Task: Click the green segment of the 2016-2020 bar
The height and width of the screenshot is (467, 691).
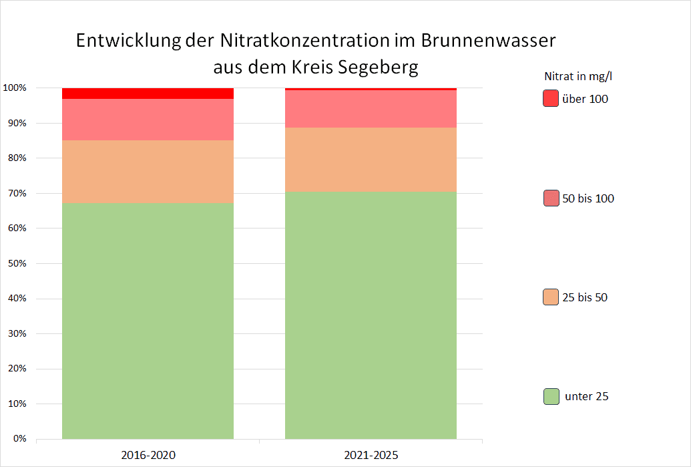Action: click(148, 321)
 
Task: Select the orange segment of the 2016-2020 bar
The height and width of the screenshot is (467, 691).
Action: click(148, 172)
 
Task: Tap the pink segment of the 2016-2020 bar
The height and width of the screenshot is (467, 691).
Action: click(148, 120)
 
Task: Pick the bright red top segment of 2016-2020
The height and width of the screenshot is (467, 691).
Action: click(148, 93)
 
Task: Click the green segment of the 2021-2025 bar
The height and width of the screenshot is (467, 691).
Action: click(371, 315)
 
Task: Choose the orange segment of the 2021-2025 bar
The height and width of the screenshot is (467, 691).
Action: click(371, 160)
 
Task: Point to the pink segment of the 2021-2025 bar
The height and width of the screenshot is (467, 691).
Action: click(371, 108)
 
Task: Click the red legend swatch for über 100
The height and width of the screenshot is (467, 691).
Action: click(551, 99)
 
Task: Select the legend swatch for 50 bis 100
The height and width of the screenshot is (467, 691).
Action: click(551, 198)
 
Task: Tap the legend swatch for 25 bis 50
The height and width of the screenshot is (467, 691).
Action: click(551, 297)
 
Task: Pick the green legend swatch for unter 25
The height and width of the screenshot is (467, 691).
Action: click(551, 396)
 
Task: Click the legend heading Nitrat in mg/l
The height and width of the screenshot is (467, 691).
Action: click(578, 76)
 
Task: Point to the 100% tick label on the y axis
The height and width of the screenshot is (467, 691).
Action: click(15, 88)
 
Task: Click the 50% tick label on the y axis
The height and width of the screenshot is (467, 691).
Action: click(17, 263)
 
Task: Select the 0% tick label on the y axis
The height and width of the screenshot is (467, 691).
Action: click(19, 439)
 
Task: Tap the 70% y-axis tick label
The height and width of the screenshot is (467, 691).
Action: click(17, 193)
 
